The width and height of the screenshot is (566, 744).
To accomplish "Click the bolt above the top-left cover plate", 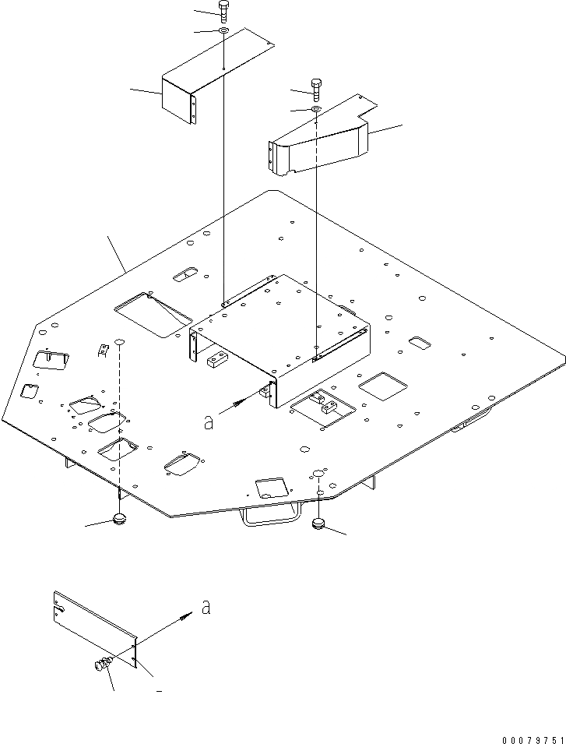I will pos(224,12).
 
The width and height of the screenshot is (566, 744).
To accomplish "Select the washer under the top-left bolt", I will pos(223,30).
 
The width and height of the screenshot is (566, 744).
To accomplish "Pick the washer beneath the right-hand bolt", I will pos(316,109).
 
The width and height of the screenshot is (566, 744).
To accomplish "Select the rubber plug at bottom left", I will pos(119,519).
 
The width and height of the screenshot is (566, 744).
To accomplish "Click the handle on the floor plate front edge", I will pos(270,513).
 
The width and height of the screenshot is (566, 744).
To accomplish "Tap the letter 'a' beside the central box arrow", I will pos(208,421).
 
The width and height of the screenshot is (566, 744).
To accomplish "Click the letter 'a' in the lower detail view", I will pos(205,608).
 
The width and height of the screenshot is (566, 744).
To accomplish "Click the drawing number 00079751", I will pos(533,735).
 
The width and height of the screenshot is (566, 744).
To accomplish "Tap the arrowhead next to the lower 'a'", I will pos(186,616).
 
